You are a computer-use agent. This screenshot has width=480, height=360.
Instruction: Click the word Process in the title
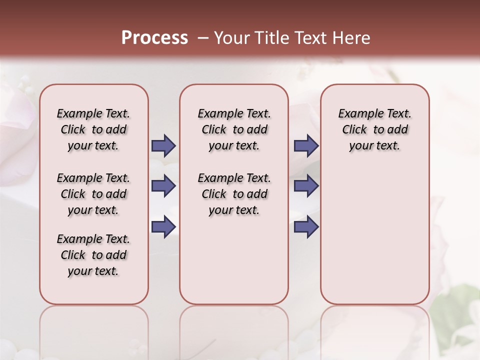coord(154,38)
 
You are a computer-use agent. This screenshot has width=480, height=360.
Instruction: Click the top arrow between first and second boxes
coord(163,145)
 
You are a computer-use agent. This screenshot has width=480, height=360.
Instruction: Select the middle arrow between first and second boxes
coord(163,186)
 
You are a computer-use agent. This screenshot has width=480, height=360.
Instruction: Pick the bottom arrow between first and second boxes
coord(163,226)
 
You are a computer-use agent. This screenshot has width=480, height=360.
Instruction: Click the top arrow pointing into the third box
coord(306,145)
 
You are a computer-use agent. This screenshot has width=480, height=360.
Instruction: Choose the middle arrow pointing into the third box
coord(306,186)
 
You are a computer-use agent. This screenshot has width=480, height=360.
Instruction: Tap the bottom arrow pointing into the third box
coord(306,226)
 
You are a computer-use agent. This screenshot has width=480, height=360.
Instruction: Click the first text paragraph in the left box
coord(93,129)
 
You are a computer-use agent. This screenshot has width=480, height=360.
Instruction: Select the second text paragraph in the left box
coord(93,194)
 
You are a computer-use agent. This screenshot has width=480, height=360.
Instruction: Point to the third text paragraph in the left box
coord(93,255)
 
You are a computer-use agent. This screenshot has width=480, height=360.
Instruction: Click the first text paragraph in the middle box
coord(234,129)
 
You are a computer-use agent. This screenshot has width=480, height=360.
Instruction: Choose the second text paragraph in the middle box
coord(234,194)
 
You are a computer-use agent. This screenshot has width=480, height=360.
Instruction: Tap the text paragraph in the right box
coord(374,129)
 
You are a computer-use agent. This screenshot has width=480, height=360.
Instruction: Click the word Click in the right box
coord(354,129)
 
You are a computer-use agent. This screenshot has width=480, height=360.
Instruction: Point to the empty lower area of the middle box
coord(234,260)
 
